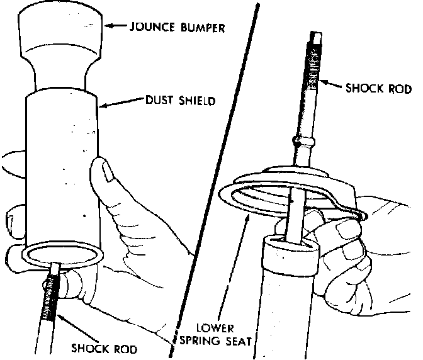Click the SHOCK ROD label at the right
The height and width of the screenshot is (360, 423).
tap(378, 88)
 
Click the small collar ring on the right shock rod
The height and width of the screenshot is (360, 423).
tap(297, 140)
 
